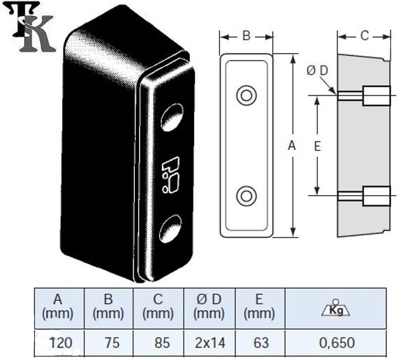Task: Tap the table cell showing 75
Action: (108, 342)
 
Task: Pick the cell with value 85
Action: (159, 342)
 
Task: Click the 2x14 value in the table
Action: (209, 342)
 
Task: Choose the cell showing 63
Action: (260, 342)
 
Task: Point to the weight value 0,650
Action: (337, 342)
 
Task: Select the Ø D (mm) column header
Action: (209, 307)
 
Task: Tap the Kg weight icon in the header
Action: (337, 308)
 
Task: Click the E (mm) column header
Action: (260, 307)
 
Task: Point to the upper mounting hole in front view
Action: (246, 95)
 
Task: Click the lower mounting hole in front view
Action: (246, 196)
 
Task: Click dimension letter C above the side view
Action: (365, 36)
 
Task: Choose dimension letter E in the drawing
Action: (317, 146)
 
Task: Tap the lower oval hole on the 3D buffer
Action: (170, 227)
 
